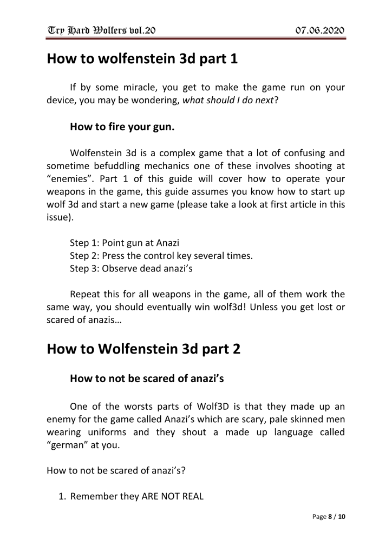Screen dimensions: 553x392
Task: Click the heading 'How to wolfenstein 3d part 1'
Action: tap(142, 58)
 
